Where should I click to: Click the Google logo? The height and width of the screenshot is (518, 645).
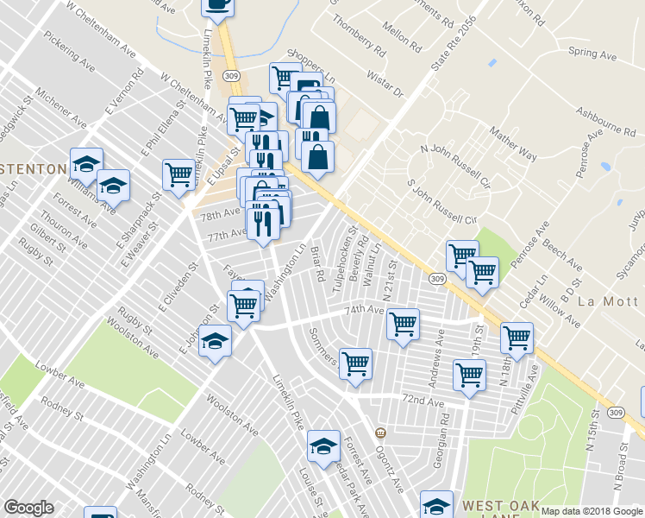(x=28, y=508)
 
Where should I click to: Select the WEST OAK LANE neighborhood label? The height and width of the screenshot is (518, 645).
(x=501, y=506)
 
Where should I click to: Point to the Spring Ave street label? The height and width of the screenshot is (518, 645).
(x=593, y=54)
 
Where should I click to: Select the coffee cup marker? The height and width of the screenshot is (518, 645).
(x=217, y=5)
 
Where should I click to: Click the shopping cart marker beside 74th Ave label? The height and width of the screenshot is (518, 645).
(x=403, y=324)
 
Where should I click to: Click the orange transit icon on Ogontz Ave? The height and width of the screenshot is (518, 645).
(x=379, y=431)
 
